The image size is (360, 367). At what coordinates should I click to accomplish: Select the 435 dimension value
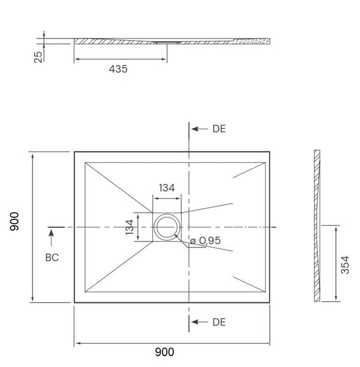[x=118, y=69]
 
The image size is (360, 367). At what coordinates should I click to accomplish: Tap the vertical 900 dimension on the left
[x=15, y=227]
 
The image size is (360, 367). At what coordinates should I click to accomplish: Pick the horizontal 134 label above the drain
[x=167, y=187]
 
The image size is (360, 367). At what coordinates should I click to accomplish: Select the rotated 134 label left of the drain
[x=130, y=228]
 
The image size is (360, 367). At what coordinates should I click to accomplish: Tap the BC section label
[x=52, y=256]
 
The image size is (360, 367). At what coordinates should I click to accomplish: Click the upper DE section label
[x=219, y=129]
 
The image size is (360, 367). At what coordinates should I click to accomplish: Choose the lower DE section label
[x=219, y=323]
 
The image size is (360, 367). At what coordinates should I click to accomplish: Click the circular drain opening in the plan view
[x=167, y=228]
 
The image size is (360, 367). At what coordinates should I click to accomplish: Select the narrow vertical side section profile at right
[x=317, y=227]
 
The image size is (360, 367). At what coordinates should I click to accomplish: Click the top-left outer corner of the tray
[x=74, y=151]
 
